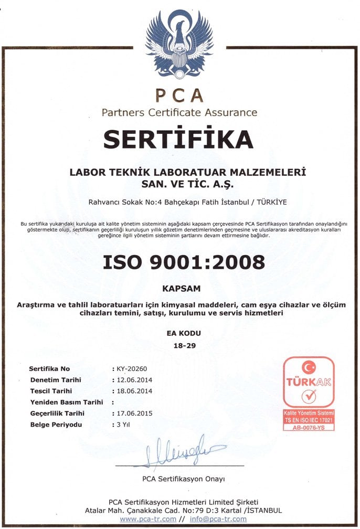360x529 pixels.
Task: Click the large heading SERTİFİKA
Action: point(178,139)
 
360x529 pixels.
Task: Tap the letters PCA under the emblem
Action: point(179,95)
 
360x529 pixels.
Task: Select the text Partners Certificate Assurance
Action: point(179,112)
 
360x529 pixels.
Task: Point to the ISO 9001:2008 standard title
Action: point(179,261)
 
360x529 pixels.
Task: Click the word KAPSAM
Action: point(179,288)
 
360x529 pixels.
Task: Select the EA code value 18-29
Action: point(180,345)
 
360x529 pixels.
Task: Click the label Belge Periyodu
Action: point(56,425)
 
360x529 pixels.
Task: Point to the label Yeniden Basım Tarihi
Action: point(66,402)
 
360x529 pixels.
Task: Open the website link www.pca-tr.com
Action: point(148,519)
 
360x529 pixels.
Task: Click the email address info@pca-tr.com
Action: point(214,519)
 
